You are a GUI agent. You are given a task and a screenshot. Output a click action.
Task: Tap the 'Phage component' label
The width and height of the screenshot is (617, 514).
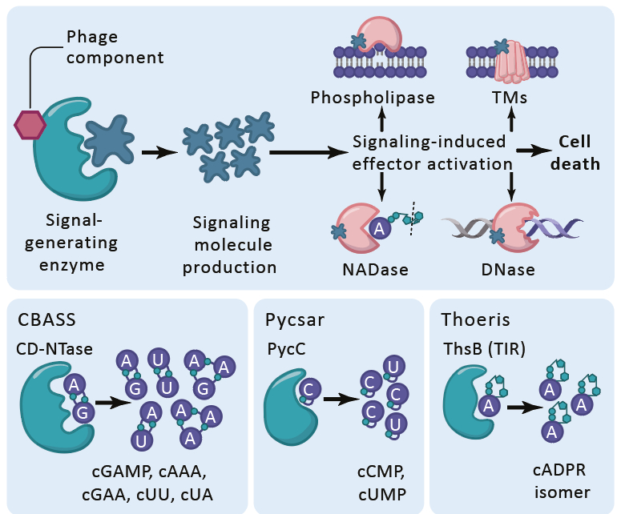point(115,46)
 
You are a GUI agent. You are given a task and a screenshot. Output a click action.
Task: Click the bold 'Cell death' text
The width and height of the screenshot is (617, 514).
point(580,153)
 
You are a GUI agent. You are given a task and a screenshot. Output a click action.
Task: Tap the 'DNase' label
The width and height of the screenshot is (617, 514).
point(510,270)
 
